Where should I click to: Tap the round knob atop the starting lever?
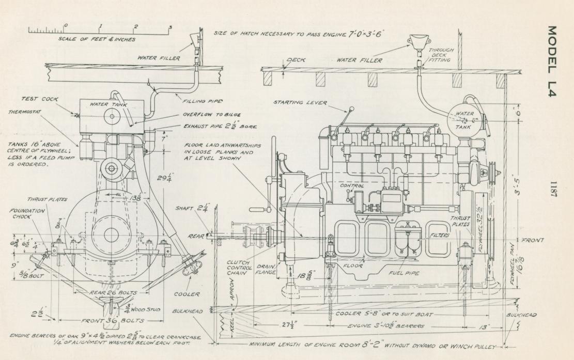coord(351,108)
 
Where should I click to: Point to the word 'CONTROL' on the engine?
coord(352,185)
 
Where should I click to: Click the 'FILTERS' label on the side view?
coord(441,236)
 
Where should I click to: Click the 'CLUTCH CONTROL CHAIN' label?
coord(238,270)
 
